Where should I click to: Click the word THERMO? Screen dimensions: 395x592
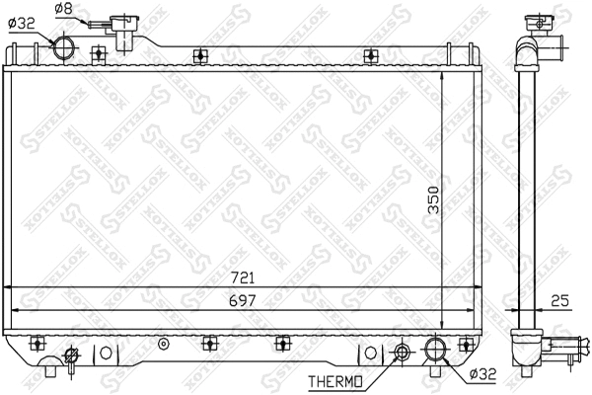point(335,380)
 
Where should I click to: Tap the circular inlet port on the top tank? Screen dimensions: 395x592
point(64,46)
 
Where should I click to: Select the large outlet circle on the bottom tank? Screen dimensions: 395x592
point(435,349)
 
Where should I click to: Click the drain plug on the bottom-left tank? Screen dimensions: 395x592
point(71,355)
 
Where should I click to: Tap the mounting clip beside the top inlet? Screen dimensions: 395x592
point(98,54)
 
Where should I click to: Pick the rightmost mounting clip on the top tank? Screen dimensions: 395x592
point(370,55)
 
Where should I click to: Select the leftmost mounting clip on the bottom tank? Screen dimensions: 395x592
point(39,343)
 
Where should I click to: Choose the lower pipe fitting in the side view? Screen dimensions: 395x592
point(565,346)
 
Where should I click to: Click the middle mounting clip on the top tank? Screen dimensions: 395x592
point(200,55)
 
